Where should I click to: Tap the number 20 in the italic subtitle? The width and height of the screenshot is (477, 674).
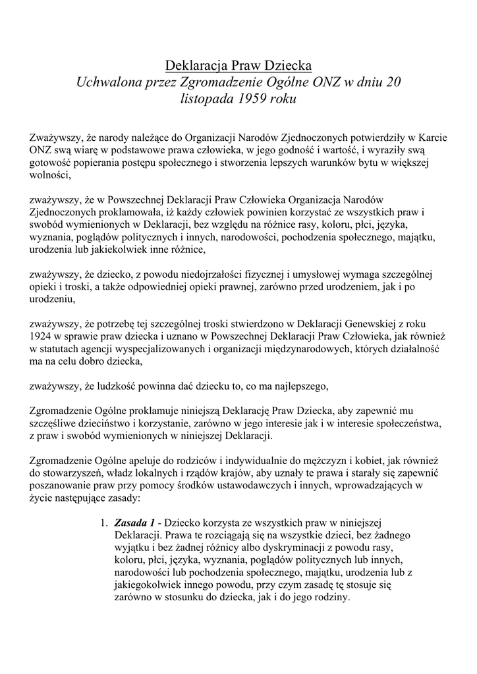point(393,83)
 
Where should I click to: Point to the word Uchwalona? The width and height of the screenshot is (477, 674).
point(107,83)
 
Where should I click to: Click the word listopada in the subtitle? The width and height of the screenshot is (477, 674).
point(205,100)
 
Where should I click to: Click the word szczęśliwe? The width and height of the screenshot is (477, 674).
point(55,422)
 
